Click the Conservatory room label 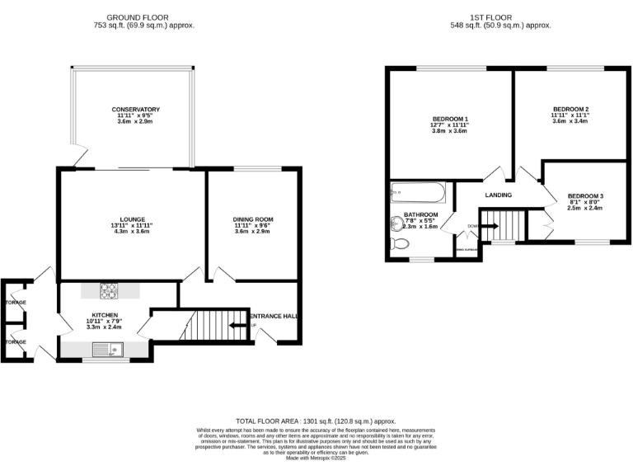tap(136, 110)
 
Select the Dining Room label tap(252, 219)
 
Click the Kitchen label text tap(105, 315)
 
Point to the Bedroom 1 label tap(450, 119)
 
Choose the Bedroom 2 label tap(570, 110)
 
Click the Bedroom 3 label tap(585, 195)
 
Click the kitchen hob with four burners tap(110, 290)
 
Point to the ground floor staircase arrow tap(239, 326)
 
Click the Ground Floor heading tap(143, 17)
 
